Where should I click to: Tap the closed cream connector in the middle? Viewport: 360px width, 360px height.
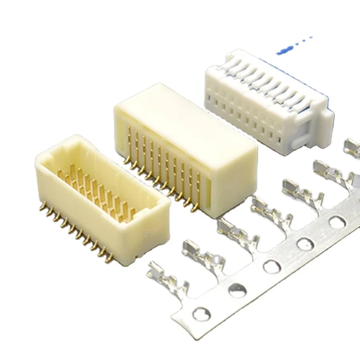click(187, 144)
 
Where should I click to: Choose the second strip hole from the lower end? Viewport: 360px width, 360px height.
click(238, 290)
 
